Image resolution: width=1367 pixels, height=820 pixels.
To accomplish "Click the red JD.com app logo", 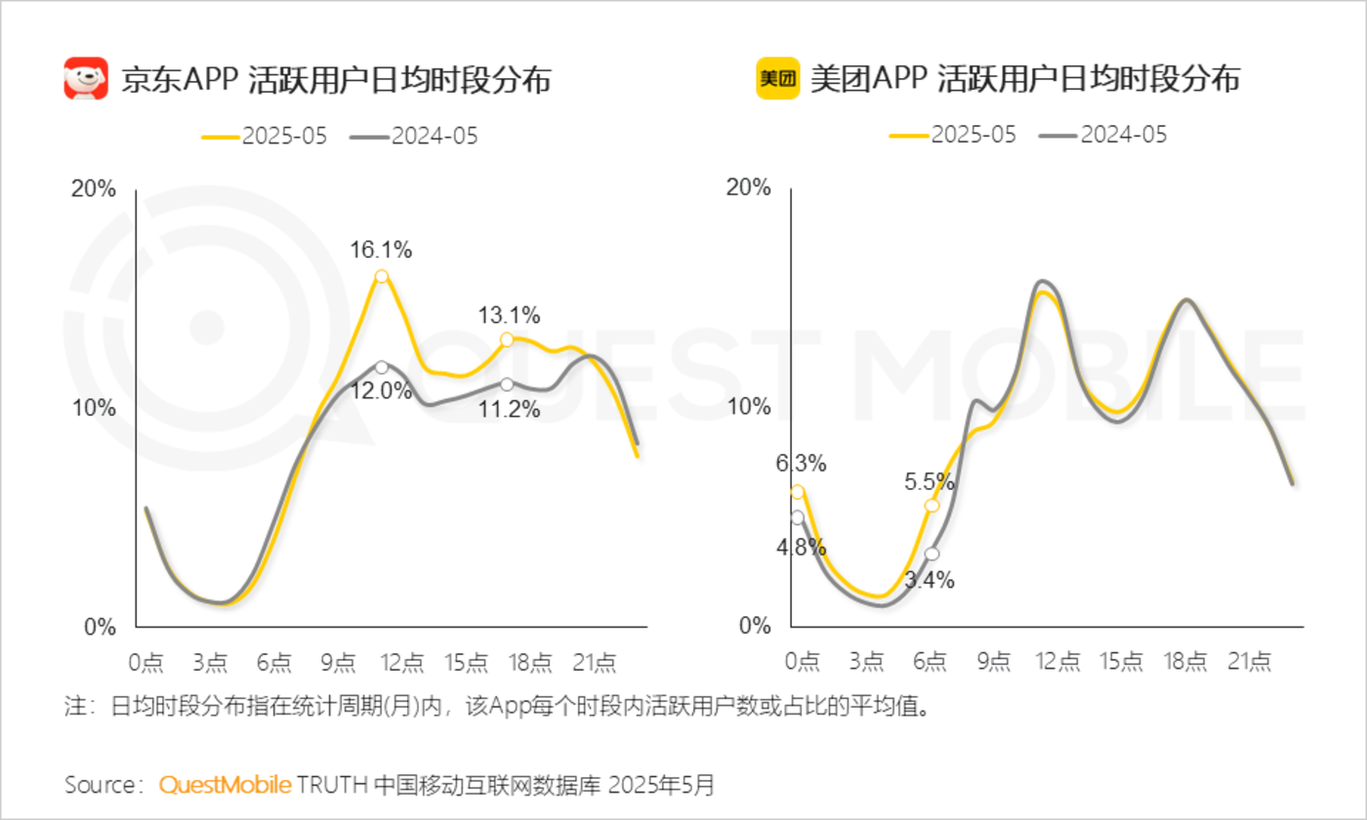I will coord(86,78).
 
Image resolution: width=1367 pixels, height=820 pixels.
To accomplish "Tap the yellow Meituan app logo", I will coord(778,78).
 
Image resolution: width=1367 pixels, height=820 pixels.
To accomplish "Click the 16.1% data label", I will coord(381,250).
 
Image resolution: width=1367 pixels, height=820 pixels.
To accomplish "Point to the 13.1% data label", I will coord(509,315).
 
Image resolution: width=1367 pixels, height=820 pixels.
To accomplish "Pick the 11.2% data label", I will coord(509,410).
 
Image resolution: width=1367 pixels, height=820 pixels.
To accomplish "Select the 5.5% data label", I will coord(928,481).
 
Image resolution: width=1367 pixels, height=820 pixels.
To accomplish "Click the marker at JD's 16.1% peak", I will coord(381,276).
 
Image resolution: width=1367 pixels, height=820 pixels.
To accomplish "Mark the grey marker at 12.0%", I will coord(381,367).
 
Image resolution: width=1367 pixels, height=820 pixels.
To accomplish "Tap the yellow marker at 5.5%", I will coord(931,505).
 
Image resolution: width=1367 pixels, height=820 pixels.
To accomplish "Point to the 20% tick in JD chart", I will coord(94,189).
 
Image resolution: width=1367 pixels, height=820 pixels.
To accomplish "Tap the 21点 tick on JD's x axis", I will coord(595,662).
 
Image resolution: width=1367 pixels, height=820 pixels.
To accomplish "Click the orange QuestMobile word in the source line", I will coord(225,784).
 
